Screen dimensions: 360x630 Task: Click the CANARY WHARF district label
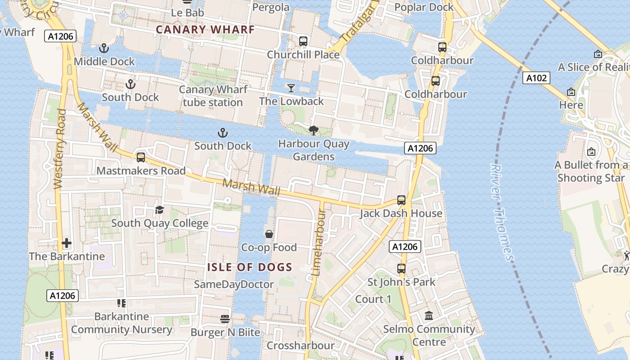tap(205, 30)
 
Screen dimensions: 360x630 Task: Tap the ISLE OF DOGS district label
tap(250, 267)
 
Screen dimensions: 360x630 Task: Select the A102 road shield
tap(537, 78)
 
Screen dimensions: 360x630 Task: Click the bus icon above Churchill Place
tap(303, 41)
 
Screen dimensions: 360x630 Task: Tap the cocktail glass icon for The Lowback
tap(291, 88)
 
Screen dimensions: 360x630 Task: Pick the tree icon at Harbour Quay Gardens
tap(314, 130)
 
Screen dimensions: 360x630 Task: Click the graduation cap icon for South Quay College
tap(159, 210)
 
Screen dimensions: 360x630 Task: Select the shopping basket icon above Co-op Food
tap(269, 234)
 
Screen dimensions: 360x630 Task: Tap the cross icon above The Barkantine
tap(67, 243)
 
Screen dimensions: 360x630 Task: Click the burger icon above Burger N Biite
tap(225, 319)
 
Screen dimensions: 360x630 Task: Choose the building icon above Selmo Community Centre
tap(429, 316)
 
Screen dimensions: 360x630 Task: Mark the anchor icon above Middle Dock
tap(104, 48)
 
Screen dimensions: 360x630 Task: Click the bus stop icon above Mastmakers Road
tap(141, 157)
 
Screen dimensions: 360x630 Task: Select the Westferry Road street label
tap(59, 148)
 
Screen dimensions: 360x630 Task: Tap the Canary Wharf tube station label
tap(213, 96)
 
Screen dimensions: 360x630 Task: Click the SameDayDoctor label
tap(234, 284)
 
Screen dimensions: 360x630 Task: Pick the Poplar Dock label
tap(424, 7)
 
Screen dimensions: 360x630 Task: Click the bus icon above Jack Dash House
tap(401, 200)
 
